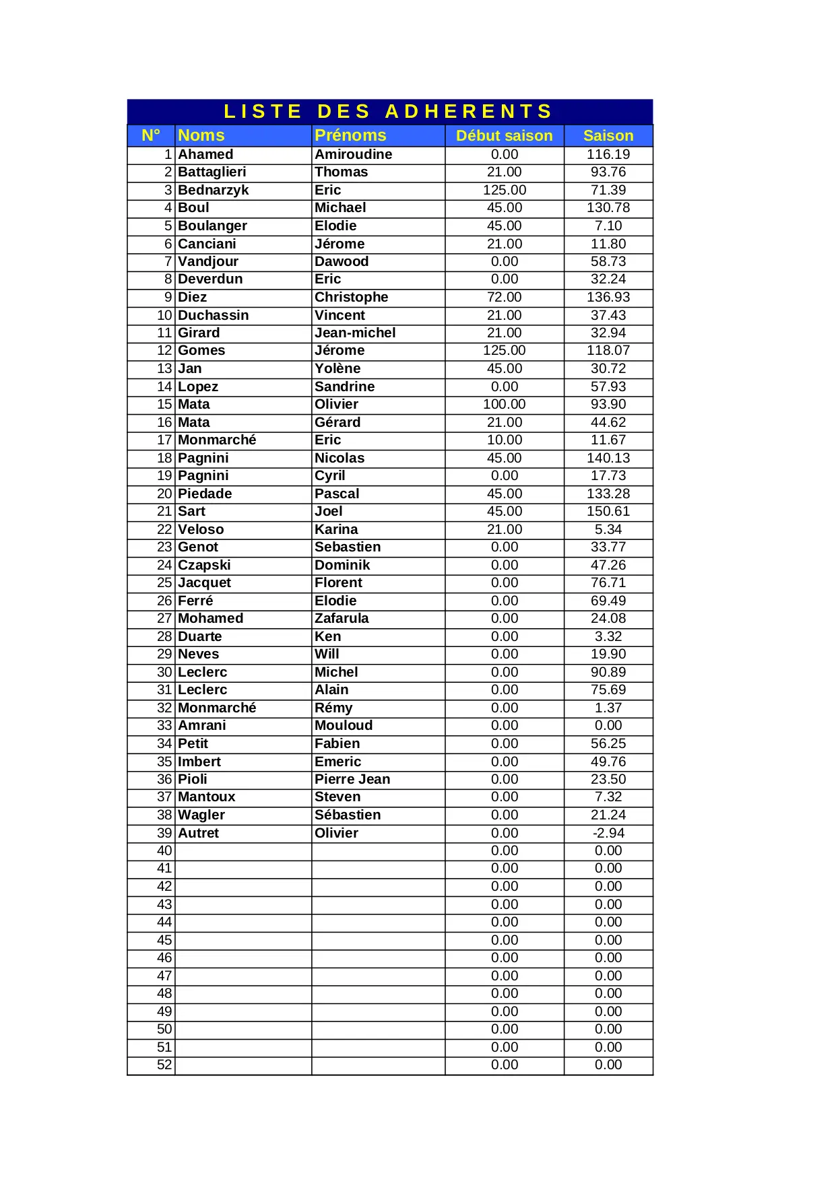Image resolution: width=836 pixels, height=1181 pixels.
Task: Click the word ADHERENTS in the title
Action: point(469,111)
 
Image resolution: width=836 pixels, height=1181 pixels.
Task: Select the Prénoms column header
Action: point(350,135)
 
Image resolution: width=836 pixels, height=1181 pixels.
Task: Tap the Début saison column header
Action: point(504,136)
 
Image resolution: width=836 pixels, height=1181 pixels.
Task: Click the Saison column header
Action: point(608,136)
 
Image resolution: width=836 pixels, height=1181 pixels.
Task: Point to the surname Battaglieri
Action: point(212,172)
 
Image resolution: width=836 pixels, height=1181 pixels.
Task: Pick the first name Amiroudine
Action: point(354,154)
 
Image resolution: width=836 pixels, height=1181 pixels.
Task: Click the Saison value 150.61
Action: point(608,512)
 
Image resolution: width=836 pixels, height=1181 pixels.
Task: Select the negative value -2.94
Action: point(608,833)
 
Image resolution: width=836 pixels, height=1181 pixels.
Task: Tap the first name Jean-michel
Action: point(355,333)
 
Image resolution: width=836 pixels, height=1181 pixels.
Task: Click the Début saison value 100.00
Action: point(504,404)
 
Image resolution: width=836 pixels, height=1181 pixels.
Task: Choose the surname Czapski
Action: point(204,565)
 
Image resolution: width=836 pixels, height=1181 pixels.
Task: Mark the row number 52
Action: point(164,1065)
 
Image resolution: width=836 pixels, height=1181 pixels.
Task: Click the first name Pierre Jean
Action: point(352,779)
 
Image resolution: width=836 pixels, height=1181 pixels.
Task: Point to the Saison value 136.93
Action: point(608,297)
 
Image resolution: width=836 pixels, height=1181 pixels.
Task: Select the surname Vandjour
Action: point(208,261)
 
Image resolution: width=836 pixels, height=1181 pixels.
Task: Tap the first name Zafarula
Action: point(342,618)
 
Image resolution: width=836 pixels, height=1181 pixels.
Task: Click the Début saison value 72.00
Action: point(504,297)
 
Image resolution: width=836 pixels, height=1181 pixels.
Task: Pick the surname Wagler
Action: point(201,815)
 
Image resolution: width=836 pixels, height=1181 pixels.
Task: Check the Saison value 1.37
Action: point(608,708)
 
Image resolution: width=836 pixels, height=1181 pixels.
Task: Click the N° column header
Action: point(151,135)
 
